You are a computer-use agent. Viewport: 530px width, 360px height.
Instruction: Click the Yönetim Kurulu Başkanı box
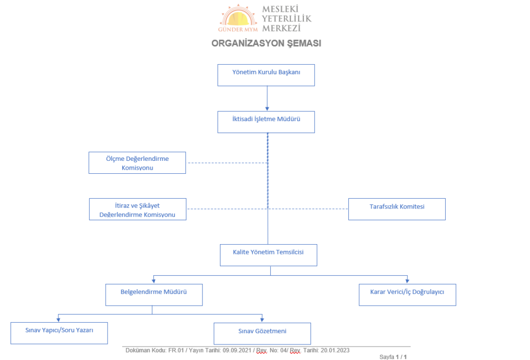[x=266, y=75]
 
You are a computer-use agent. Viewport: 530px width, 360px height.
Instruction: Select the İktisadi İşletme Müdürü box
[x=266, y=122]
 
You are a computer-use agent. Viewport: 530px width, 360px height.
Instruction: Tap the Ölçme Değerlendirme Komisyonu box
[x=137, y=163]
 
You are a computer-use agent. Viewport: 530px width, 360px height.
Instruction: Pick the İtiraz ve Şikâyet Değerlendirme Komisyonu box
[x=138, y=209]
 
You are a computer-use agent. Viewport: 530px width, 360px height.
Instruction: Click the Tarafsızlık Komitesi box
[x=397, y=209]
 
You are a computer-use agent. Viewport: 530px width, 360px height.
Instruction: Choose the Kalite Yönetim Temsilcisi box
[x=269, y=256]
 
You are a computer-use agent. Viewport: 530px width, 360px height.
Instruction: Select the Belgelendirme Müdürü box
[x=154, y=295]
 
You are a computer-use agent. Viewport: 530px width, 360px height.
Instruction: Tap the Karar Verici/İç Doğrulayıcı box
[x=407, y=295]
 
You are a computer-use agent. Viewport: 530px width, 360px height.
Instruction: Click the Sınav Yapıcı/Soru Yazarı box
[x=59, y=333]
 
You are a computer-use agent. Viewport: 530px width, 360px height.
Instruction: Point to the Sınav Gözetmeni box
[x=262, y=334]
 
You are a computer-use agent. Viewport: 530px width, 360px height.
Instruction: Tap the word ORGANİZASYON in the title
[x=247, y=43]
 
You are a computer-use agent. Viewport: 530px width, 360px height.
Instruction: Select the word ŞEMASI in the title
[x=304, y=43]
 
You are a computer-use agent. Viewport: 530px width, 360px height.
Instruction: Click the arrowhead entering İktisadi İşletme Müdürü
[x=267, y=109]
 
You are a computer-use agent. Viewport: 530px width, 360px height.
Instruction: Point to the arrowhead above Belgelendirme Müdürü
[x=154, y=281]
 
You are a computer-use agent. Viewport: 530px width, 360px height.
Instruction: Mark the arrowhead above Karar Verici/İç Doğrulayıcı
[x=407, y=281]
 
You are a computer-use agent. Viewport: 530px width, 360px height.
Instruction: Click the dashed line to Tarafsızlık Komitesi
[x=308, y=209]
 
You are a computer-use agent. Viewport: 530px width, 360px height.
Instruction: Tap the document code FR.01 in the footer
[x=176, y=351]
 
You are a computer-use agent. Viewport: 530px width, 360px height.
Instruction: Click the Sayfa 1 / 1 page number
[x=393, y=357]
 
